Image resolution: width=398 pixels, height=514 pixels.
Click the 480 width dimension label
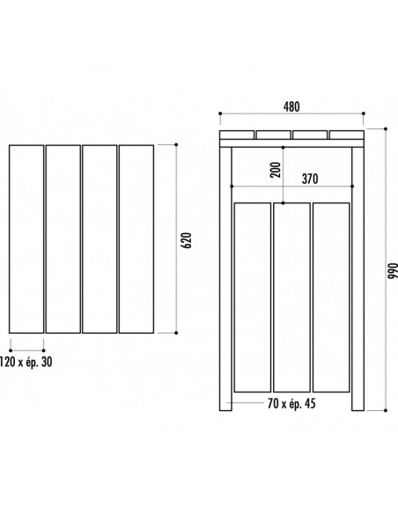coord(291,106)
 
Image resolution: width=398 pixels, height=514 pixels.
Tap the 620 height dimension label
coord(186,240)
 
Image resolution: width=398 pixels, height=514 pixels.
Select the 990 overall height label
coord(393,270)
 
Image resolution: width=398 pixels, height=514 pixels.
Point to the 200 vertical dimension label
coord(276,170)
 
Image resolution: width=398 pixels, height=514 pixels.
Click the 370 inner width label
coord(310,179)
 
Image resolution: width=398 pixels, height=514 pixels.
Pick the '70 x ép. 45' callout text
coord(291,403)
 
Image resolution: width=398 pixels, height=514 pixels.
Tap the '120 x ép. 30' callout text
coord(26,362)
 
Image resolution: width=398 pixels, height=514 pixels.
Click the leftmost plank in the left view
coord(26,239)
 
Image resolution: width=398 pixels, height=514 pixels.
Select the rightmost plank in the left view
coord(136,239)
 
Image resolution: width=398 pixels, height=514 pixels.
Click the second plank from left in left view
coord(63,239)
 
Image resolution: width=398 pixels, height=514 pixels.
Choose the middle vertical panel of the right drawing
coord(291,297)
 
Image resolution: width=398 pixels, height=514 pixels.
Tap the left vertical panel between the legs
coord(253,297)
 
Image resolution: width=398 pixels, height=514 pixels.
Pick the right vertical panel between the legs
coord(331,297)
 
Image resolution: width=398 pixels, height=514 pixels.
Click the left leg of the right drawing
coord(225,279)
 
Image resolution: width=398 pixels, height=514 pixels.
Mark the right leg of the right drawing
coord(358,279)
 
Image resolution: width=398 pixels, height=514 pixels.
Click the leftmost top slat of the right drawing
coord(237,135)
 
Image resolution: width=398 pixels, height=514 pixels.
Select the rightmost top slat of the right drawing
coord(347,135)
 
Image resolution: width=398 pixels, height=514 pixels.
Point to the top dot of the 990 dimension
coord(386,128)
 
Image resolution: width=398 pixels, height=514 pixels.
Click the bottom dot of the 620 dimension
coord(176,333)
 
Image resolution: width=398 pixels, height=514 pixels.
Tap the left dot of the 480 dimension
coord(220,114)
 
